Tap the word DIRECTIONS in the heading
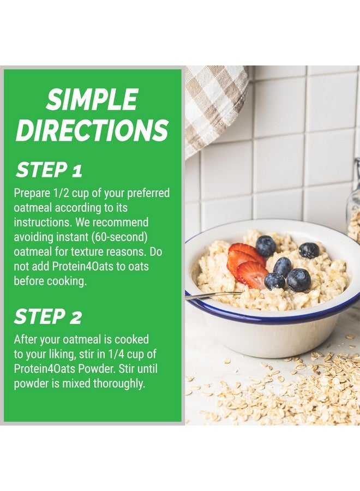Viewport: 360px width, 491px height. coord(92,130)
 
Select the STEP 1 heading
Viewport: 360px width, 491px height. coord(49,170)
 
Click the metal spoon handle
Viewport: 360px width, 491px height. coord(213,295)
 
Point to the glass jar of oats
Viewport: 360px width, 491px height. coord(353,202)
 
